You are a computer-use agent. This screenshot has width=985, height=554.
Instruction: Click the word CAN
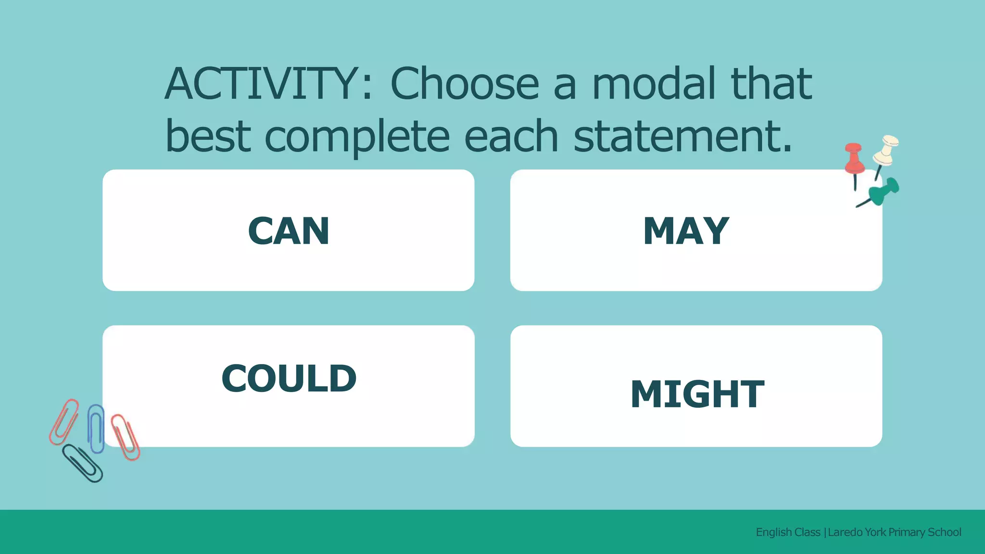[289, 231]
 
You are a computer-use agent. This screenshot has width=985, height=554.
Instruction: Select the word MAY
[686, 231]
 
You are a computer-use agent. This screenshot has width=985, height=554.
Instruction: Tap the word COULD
[289, 378]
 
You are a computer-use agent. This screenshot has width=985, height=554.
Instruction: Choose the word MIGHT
[697, 394]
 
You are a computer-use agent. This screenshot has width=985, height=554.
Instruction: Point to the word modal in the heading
[654, 84]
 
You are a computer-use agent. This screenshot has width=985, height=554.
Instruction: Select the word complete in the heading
[357, 137]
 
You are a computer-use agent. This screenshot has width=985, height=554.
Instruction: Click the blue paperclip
[96, 428]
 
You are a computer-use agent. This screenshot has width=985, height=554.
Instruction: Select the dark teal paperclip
[83, 463]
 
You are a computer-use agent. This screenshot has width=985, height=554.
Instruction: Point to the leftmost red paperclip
[64, 421]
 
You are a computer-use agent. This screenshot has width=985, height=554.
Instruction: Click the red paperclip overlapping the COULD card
[126, 437]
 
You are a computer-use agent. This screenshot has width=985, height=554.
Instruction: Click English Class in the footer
[788, 532]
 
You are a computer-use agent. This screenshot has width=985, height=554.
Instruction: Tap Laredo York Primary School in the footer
[894, 532]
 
